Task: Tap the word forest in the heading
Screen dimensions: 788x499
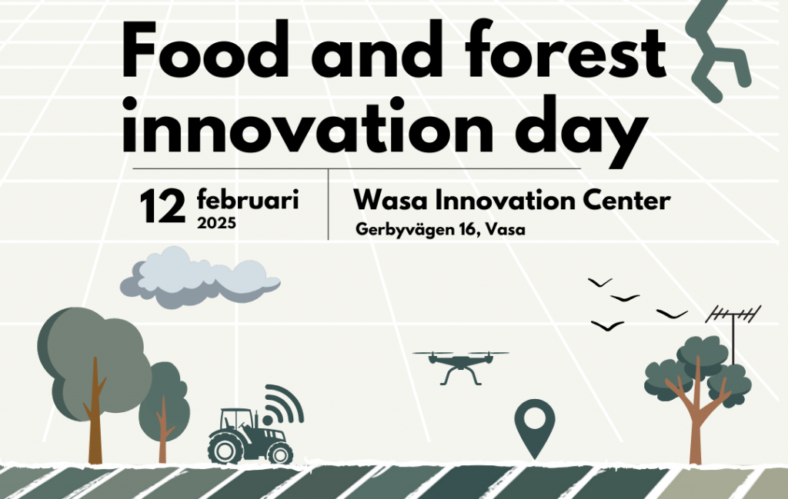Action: [x=566, y=49]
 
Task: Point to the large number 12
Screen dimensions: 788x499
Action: [x=162, y=206]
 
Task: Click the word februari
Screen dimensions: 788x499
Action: [x=248, y=199]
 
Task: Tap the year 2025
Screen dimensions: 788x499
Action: [x=216, y=223]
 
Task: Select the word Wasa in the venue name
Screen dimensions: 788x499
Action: [x=390, y=200]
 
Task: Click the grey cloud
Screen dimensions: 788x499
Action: [x=200, y=277]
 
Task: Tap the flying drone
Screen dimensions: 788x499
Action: [x=460, y=367]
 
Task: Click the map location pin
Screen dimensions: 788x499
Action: [x=535, y=427]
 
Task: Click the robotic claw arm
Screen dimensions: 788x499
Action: [x=716, y=50]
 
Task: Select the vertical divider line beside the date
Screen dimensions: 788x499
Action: [x=328, y=205]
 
